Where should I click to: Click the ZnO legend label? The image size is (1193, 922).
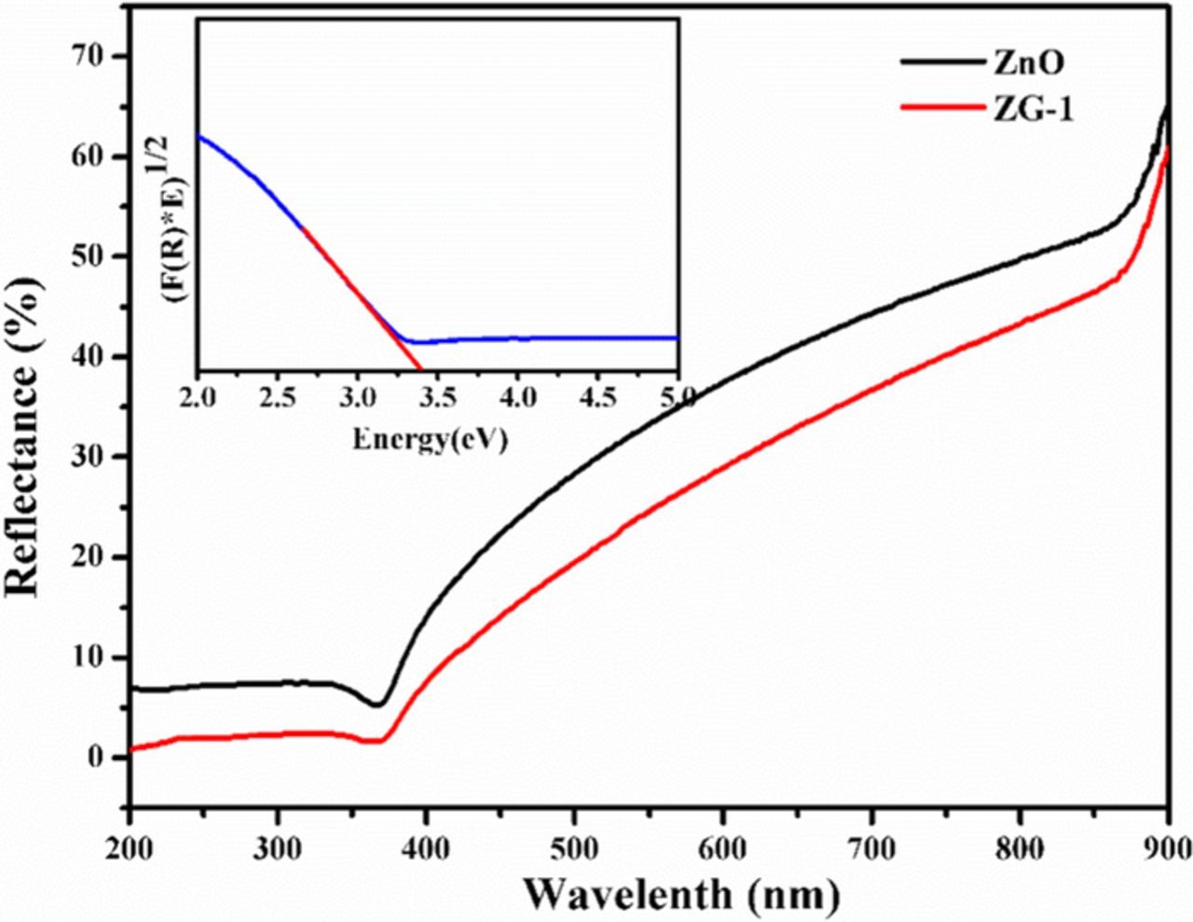[x=1027, y=62]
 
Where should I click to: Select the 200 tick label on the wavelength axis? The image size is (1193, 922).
[x=130, y=848]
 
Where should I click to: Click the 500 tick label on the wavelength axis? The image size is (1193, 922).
[x=575, y=848]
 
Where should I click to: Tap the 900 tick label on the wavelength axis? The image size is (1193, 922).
[x=1167, y=848]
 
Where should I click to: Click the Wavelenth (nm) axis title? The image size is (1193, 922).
[x=681, y=896]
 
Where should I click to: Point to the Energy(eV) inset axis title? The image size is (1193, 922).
[x=431, y=439]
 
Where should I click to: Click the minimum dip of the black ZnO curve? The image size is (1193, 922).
[x=377, y=705]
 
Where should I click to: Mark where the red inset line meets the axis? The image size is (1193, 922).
[x=422, y=370]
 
